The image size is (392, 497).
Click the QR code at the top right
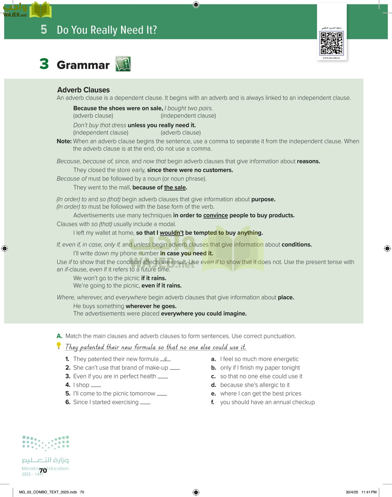[x=331, y=43]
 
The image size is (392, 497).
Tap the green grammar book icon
[x=123, y=64]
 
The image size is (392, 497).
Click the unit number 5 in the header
[x=44, y=30]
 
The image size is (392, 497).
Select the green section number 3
[x=44, y=64]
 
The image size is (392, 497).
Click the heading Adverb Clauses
[x=83, y=90]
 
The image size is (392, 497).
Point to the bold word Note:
[x=64, y=141]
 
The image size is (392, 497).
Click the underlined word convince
[x=215, y=215]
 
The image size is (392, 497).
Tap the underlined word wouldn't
[x=172, y=233]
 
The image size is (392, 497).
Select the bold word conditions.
[x=297, y=245]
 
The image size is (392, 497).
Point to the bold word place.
[x=286, y=297]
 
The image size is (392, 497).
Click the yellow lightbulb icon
[x=59, y=345]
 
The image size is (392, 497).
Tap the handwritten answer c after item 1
[x=166, y=359]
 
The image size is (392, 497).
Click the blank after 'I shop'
[x=96, y=386]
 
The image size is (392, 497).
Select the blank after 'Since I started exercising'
[x=145, y=403]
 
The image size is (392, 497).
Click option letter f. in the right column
[x=213, y=402]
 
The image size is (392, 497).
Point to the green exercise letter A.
[x=59, y=336]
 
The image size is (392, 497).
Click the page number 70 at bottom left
[x=43, y=470]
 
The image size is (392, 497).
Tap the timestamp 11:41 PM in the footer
[x=369, y=492]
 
